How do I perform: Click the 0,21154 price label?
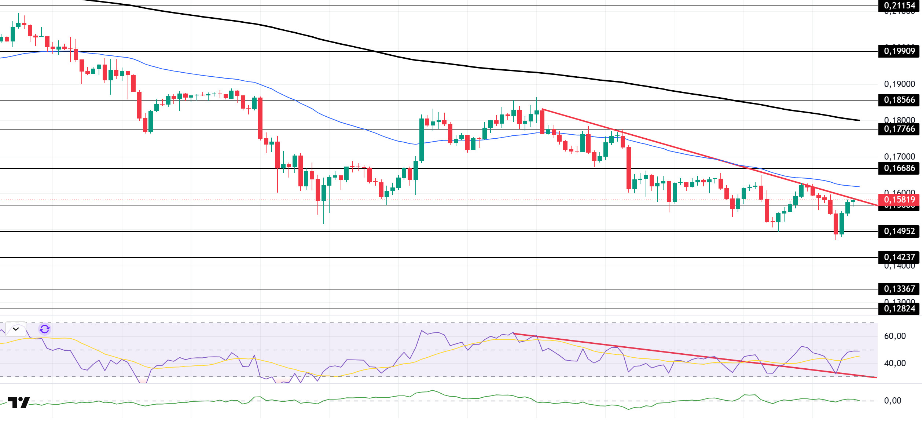point(899,6)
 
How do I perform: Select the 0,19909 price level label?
point(899,51)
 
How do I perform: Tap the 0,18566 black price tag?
point(899,100)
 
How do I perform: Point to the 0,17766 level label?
point(899,129)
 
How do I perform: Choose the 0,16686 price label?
point(899,168)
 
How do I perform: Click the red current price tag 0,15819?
point(899,200)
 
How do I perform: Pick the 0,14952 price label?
point(899,231)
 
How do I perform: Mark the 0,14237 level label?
point(899,257)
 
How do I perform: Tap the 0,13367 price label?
point(899,289)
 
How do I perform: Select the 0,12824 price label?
point(899,309)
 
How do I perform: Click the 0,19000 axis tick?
point(899,84)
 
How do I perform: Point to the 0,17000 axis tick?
point(899,157)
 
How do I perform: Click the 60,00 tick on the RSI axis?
point(895,336)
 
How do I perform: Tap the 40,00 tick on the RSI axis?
point(895,363)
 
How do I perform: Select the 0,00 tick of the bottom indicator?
point(892,401)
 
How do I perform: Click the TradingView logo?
point(19,402)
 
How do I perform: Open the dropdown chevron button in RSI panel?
point(16,329)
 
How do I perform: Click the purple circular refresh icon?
point(45,329)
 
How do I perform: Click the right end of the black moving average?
point(859,120)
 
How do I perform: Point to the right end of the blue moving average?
point(859,187)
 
